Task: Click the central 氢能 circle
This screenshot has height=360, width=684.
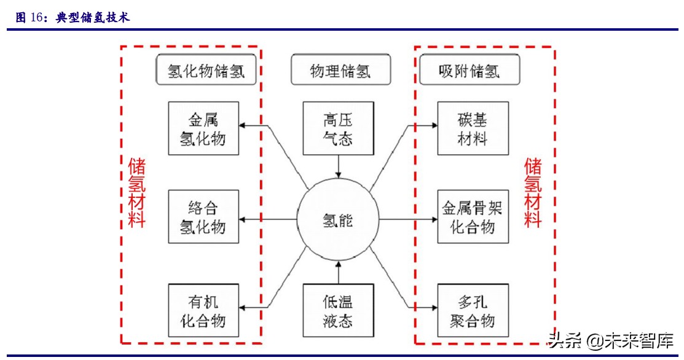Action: click(x=338, y=219)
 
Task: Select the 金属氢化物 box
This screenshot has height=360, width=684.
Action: click(x=203, y=128)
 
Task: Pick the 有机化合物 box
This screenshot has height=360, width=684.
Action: click(x=203, y=310)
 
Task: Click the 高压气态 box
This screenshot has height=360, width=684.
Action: click(x=338, y=128)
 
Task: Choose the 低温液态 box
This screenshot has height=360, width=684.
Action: click(x=338, y=310)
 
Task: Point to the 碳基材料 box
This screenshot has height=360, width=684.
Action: click(x=473, y=128)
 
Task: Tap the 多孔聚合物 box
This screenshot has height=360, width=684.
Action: click(x=473, y=310)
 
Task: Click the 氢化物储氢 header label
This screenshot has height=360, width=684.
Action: click(x=206, y=71)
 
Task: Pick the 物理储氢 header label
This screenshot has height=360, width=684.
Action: click(x=340, y=71)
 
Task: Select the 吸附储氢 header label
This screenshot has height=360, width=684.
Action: click(x=469, y=71)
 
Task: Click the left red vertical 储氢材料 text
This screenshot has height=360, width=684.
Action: click(x=136, y=192)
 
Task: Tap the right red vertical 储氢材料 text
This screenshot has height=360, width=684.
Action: click(x=533, y=192)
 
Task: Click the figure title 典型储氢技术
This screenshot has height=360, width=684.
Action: click(x=92, y=18)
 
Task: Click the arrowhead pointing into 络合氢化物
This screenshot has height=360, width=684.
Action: click(x=244, y=219)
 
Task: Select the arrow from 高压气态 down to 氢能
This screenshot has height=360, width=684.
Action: click(x=338, y=166)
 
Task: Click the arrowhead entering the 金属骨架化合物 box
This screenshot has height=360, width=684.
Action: click(x=433, y=219)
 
